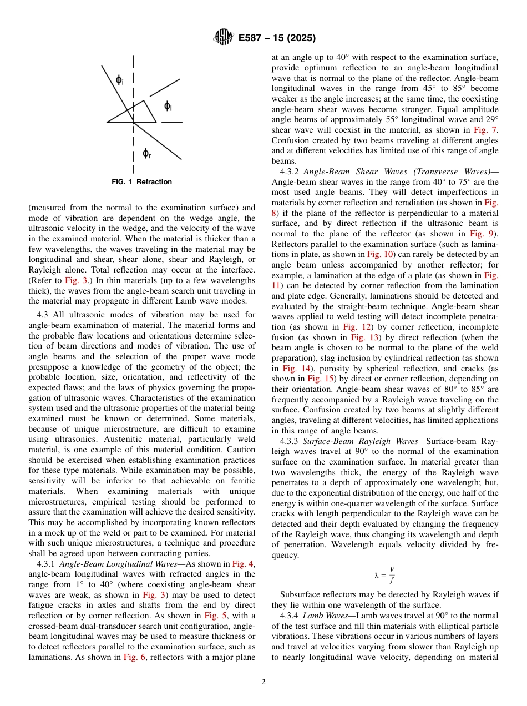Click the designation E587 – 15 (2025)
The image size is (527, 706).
coord(277,38)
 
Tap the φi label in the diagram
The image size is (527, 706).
coord(120,80)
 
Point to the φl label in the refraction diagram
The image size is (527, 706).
coord(168,107)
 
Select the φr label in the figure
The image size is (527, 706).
coord(146,153)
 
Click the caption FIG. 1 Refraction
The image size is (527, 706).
coord(141,182)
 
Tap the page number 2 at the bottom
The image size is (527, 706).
coord(263,682)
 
